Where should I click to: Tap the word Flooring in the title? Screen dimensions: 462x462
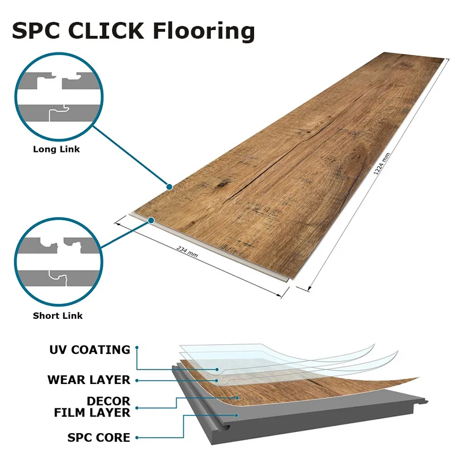[204, 32]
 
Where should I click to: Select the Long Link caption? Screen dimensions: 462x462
[56, 149]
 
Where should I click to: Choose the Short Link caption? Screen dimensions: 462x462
[58, 316]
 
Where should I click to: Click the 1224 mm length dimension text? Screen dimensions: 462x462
[382, 164]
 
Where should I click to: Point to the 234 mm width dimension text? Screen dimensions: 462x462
[187, 251]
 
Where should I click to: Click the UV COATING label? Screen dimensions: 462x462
[90, 350]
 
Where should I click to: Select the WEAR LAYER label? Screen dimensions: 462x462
[89, 380]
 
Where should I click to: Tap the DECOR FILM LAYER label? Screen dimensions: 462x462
[92, 407]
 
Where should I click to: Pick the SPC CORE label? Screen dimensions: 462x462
[99, 438]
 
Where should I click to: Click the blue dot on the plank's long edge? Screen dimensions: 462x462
[169, 187]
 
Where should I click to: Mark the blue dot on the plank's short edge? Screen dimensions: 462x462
[151, 221]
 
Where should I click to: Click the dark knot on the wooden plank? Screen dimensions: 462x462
[221, 184]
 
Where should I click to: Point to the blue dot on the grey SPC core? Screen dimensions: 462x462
[236, 415]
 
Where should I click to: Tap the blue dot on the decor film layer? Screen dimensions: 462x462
[237, 398]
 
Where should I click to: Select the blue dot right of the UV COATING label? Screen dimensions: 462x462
[137, 348]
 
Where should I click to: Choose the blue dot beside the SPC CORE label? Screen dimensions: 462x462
[137, 438]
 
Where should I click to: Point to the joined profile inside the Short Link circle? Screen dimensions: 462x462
[59, 278]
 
